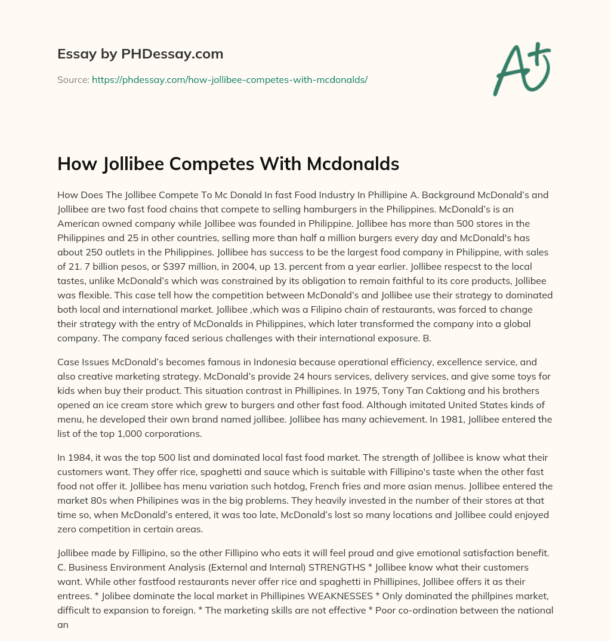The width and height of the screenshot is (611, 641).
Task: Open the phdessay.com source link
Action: pos(230,79)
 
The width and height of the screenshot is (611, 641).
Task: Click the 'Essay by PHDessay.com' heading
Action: pos(140,54)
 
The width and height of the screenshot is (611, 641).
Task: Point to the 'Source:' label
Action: pos(73,79)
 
